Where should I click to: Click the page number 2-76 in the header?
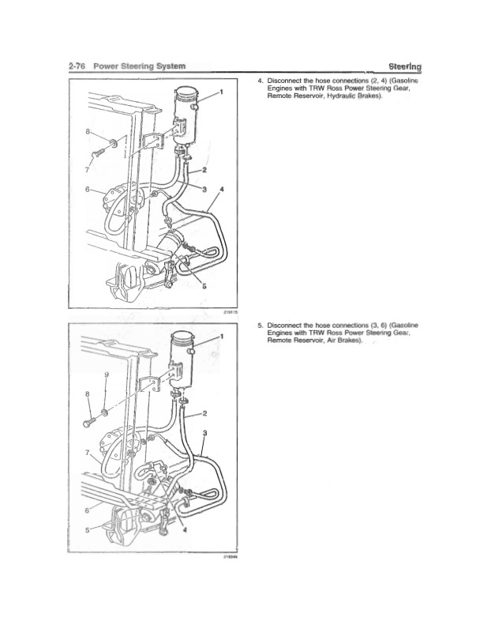(77, 66)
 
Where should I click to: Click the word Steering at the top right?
(405, 66)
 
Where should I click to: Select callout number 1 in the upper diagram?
(222, 92)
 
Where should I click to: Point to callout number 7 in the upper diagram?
(87, 170)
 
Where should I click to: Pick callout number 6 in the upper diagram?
(87, 189)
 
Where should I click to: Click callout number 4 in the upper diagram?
(222, 189)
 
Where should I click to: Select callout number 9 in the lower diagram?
(107, 375)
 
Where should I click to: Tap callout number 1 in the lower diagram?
(222, 336)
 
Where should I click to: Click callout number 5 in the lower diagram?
(88, 530)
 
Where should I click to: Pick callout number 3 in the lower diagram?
(204, 432)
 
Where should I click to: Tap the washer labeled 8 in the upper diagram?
(114, 142)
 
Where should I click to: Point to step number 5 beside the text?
(260, 326)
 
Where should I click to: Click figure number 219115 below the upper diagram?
(231, 313)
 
